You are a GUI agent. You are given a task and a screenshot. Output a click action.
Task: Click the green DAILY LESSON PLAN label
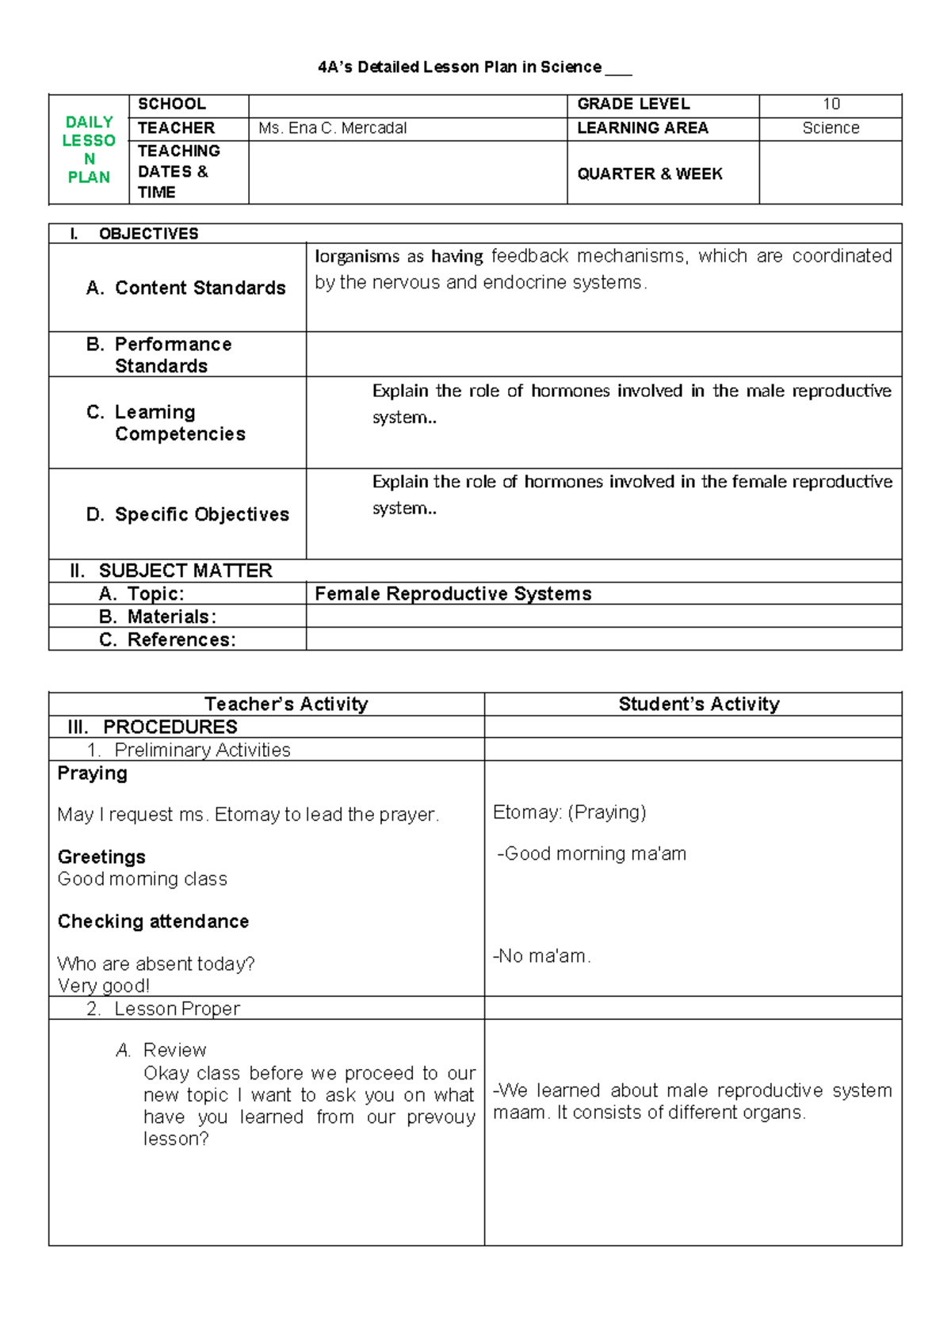pyautogui.click(x=89, y=150)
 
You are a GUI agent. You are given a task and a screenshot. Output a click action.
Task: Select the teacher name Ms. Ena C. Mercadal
pyautogui.click(x=332, y=128)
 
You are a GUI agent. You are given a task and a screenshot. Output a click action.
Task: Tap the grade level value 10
pyautogui.click(x=831, y=105)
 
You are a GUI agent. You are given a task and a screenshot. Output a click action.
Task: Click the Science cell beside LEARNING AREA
pyautogui.click(x=831, y=128)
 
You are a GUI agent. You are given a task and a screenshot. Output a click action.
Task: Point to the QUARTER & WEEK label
pyautogui.click(x=649, y=174)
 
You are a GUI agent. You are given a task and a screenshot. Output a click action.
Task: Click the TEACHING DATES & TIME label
pyautogui.click(x=178, y=172)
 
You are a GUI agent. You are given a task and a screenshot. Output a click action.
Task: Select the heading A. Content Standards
pyautogui.click(x=186, y=288)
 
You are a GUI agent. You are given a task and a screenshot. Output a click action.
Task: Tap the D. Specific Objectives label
pyautogui.click(x=188, y=514)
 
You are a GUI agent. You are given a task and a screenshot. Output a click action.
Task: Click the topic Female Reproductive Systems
pyautogui.click(x=453, y=594)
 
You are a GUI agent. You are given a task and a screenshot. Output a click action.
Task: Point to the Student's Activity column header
pyautogui.click(x=698, y=704)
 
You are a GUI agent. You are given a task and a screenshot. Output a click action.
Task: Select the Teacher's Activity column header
pyautogui.click(x=286, y=704)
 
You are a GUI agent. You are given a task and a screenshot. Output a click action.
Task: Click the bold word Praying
pyautogui.click(x=92, y=773)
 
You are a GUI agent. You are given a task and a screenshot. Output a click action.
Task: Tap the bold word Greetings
pyautogui.click(x=101, y=857)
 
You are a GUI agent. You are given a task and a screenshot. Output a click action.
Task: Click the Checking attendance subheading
pyautogui.click(x=153, y=921)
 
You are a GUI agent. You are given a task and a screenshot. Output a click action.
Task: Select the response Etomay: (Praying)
pyautogui.click(x=569, y=812)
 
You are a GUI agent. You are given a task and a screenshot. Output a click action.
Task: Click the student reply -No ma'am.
pyautogui.click(x=541, y=956)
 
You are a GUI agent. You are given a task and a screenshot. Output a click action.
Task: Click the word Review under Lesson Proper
pyautogui.click(x=174, y=1050)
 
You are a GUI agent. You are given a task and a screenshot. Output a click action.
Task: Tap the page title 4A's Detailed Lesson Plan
pyautogui.click(x=460, y=67)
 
